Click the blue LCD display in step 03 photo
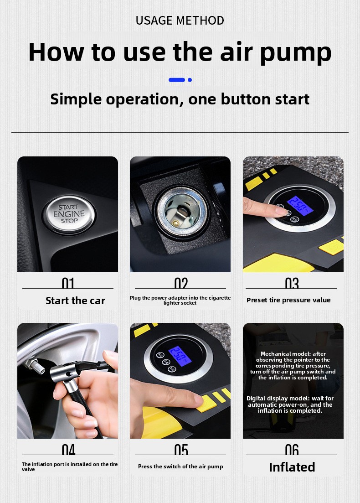click(300, 206)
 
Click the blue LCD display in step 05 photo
click(180, 356)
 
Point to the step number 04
click(68, 450)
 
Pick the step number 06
click(292, 450)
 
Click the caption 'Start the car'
click(75, 301)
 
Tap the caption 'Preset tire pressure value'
click(288, 300)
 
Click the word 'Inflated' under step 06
click(292, 467)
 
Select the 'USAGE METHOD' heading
click(180, 21)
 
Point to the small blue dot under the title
click(190, 80)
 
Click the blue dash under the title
click(177, 80)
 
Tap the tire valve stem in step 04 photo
click(35, 366)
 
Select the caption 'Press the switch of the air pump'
click(180, 467)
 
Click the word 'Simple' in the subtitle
click(76, 99)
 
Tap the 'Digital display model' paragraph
click(290, 404)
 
